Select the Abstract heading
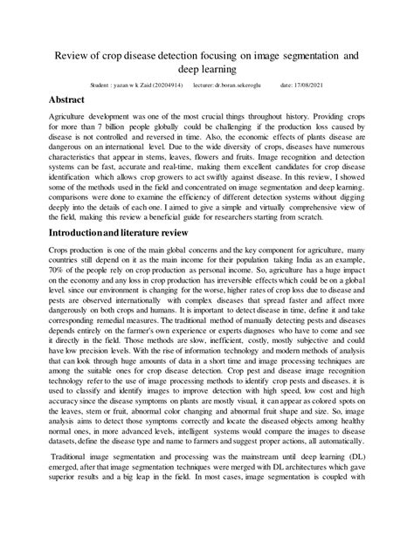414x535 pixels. pyautogui.click(x=73, y=101)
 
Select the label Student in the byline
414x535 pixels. pyautogui.click(x=102, y=86)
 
